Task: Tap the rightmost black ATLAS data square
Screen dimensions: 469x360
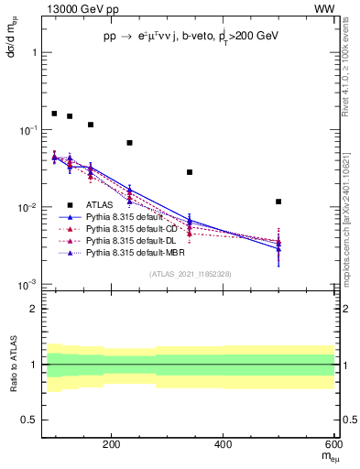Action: click(x=278, y=202)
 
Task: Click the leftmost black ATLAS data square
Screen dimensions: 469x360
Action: click(x=54, y=114)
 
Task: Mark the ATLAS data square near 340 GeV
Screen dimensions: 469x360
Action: click(x=190, y=172)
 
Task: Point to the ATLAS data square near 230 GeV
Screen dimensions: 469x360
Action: click(x=129, y=143)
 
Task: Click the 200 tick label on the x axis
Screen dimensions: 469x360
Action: click(x=112, y=445)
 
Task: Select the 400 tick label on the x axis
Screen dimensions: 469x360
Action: click(x=224, y=445)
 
